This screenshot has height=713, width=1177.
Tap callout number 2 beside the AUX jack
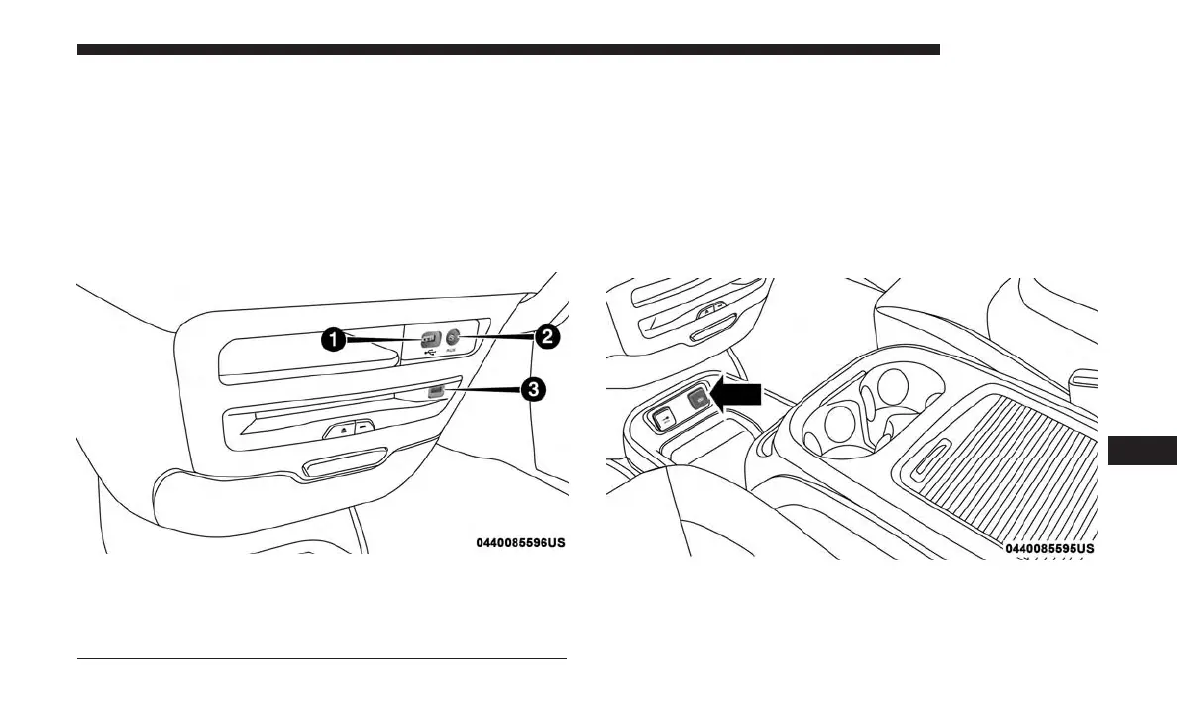[545, 336]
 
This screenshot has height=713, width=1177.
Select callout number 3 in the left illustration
[533, 390]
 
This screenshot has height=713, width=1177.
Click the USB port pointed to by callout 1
[429, 337]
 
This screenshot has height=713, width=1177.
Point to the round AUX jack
[452, 337]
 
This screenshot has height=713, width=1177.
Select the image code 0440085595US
[1049, 548]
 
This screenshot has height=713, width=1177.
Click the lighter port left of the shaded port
[661, 417]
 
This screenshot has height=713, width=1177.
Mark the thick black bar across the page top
[508, 50]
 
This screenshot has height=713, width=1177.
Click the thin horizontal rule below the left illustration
[321, 659]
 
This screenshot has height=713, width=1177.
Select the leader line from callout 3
[481, 391]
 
